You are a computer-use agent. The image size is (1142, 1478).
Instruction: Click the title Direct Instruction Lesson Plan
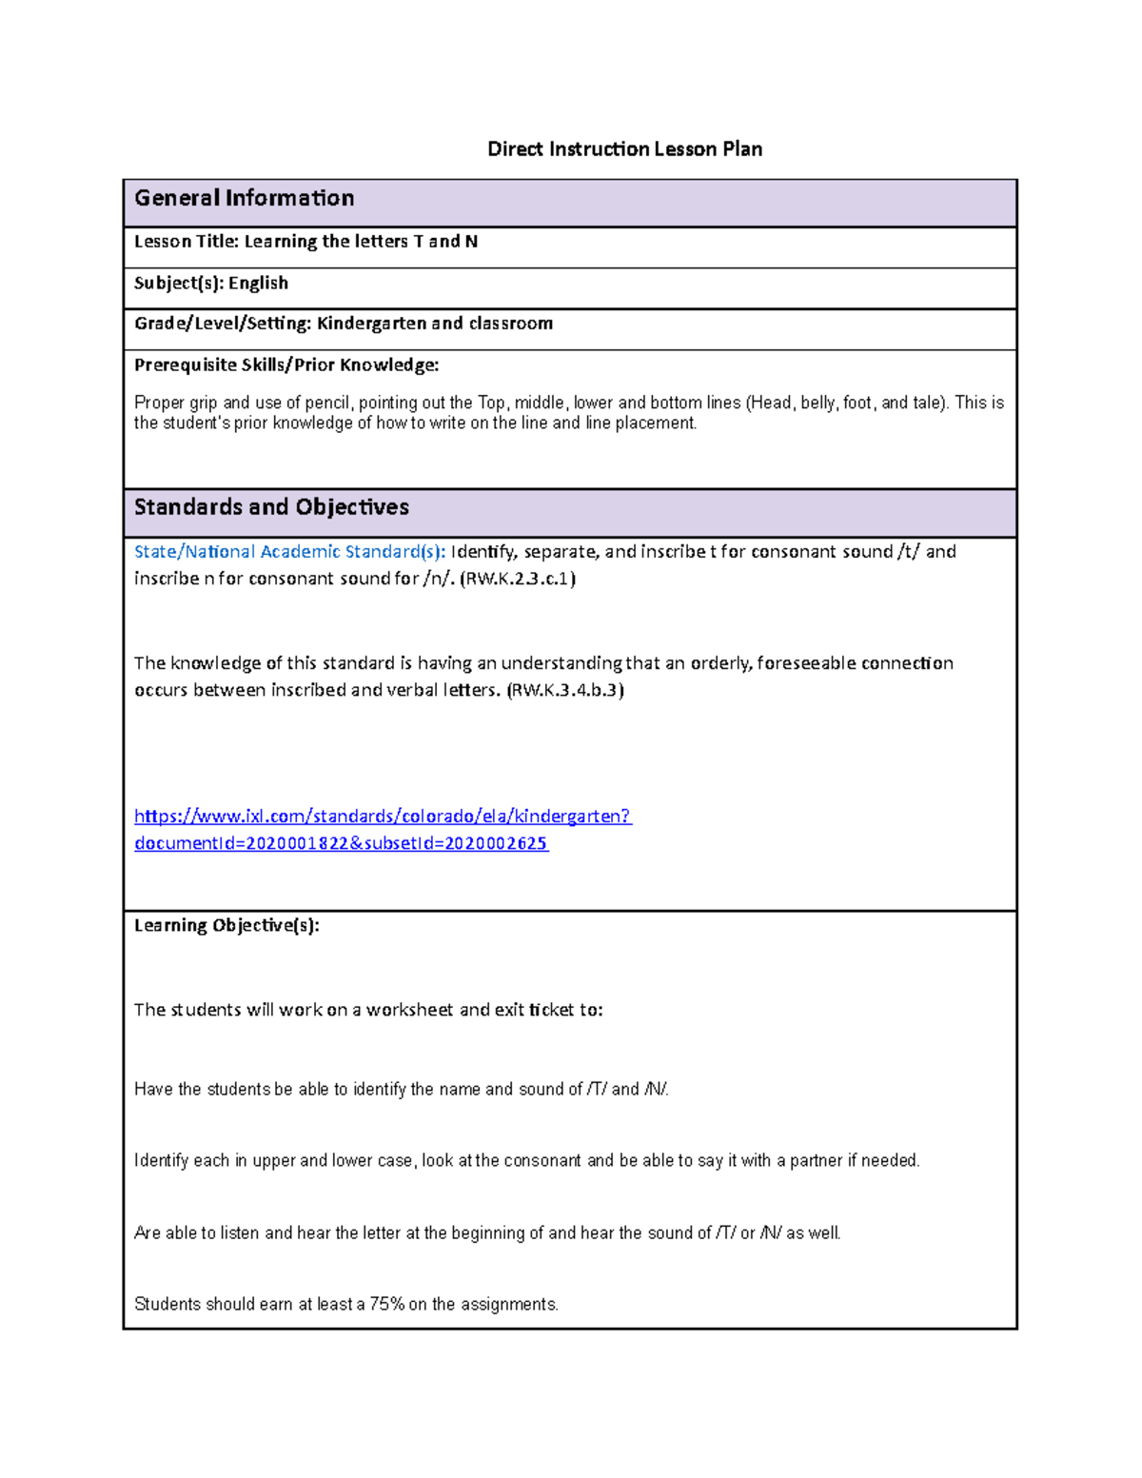click(624, 149)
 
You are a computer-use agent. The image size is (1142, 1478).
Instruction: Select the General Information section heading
click(245, 198)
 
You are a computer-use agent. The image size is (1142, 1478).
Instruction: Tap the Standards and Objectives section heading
click(271, 507)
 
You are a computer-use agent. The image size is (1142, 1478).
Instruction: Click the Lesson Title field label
click(187, 242)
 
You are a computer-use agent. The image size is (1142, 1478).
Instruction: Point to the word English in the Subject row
click(258, 284)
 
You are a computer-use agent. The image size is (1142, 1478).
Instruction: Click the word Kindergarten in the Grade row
click(371, 324)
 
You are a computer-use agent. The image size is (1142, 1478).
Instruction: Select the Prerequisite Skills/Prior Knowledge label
click(286, 365)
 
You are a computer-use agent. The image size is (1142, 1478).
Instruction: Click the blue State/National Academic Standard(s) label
click(289, 552)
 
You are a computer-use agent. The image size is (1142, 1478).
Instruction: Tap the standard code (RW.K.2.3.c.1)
click(518, 579)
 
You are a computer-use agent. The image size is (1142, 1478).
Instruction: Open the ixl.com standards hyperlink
click(383, 817)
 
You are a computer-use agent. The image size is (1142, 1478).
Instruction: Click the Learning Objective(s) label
click(226, 926)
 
